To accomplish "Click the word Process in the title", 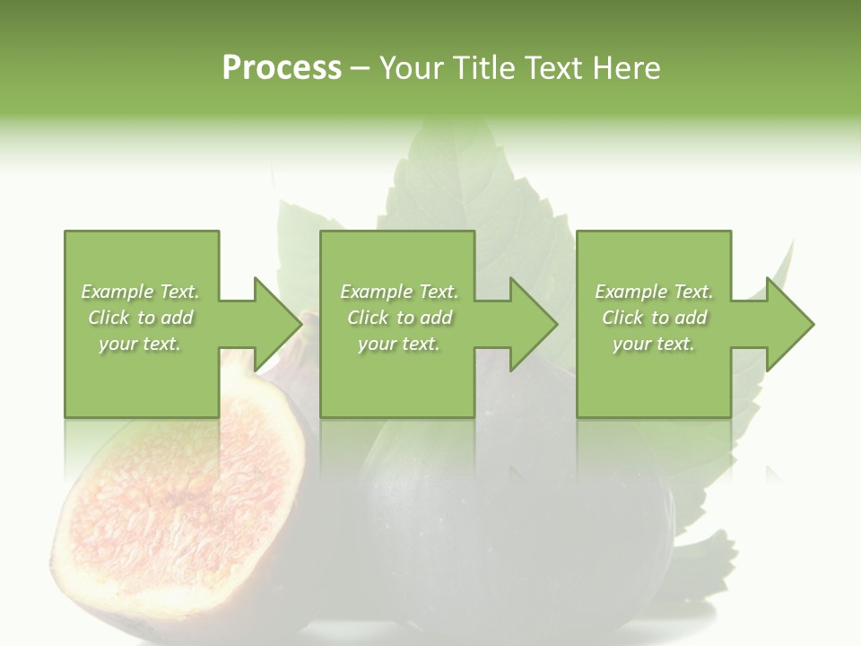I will point(282,68).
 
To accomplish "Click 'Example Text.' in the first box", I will point(140,292).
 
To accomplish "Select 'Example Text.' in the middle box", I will point(399,292).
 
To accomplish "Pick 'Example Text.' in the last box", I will point(654,292).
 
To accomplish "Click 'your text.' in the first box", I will point(140,344).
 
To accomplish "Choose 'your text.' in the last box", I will point(654,344).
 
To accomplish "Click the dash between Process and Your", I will point(361,69).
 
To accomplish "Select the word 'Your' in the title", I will point(412,68).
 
